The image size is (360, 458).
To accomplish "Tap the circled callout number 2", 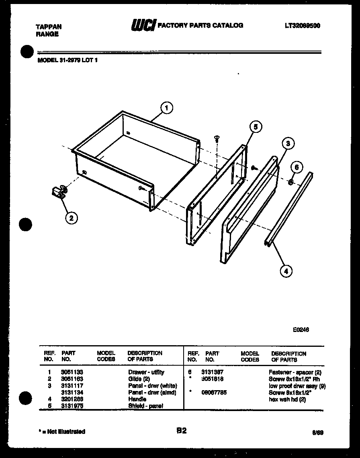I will click(x=71, y=218).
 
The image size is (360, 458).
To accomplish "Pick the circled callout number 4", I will click(x=286, y=271).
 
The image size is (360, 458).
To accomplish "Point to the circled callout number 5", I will click(x=255, y=127).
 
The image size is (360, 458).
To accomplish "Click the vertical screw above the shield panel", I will click(x=217, y=139).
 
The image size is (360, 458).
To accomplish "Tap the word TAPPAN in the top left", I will click(x=49, y=27).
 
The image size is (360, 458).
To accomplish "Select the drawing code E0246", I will click(x=301, y=330).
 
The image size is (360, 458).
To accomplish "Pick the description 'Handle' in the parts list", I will click(x=137, y=399).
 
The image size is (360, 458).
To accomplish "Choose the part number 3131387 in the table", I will click(x=212, y=372).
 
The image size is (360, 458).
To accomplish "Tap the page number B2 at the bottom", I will click(x=181, y=431).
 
